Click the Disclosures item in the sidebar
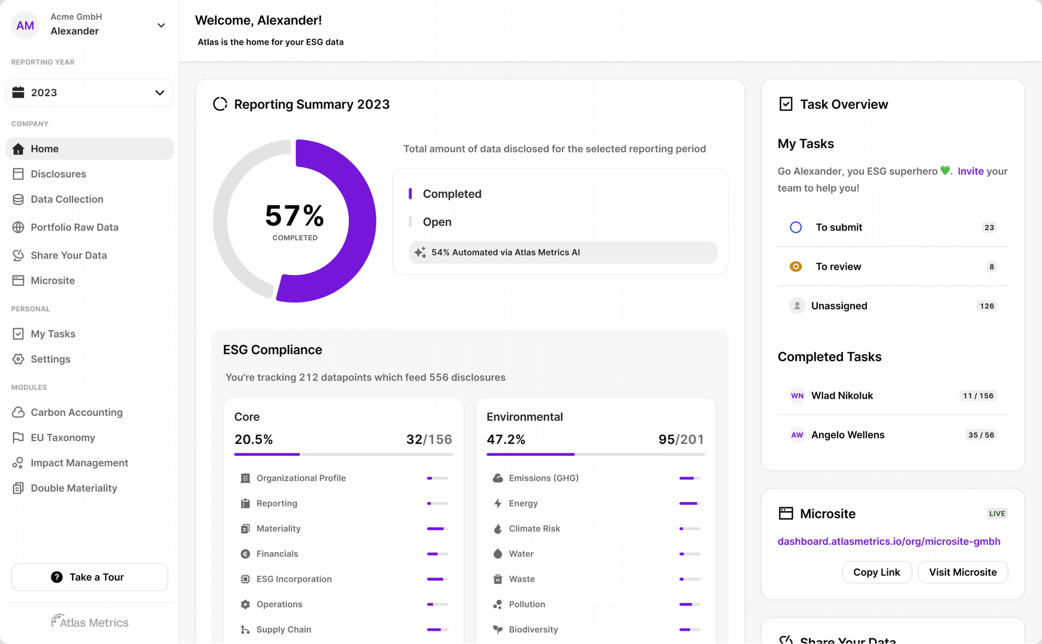coord(58,174)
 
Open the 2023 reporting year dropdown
coord(90,93)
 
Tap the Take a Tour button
coord(90,577)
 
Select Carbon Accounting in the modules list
coord(76,412)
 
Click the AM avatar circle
coord(25,25)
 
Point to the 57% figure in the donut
coord(295,216)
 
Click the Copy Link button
coord(876,572)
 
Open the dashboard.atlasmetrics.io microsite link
coord(888,541)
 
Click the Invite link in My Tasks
coord(970,171)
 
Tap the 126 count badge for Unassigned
coord(987,306)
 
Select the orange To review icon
coord(796,267)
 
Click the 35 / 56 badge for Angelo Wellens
coord(980,435)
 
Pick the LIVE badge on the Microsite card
coord(997,513)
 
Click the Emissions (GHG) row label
coord(543,478)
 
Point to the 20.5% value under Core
coord(253,439)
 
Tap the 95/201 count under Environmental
coord(681,439)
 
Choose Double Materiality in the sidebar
coord(74,488)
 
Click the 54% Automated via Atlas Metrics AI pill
coord(562,252)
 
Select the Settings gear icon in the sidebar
coord(18,359)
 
